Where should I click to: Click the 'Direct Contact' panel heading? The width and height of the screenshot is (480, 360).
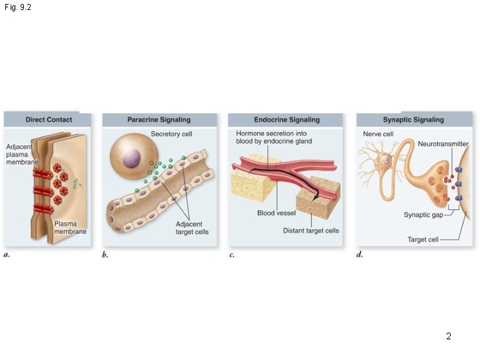48,120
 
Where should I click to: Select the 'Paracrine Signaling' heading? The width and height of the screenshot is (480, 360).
159,120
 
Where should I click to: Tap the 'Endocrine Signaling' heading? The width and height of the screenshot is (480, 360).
287,120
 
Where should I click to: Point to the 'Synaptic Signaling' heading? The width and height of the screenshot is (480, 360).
413,120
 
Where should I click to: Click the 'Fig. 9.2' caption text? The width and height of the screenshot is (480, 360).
17,7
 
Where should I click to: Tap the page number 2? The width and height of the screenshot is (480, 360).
449,337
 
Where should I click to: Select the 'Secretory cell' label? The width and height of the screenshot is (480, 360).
171,134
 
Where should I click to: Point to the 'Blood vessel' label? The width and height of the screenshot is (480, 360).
276,213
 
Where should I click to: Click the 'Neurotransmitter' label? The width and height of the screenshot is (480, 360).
443,144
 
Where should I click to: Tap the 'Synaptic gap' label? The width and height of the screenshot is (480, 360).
423,215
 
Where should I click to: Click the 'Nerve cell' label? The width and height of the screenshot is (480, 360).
377,134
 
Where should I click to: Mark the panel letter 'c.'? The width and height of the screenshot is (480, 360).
231,255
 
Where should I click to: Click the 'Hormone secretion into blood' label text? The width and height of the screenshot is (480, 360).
273,137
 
